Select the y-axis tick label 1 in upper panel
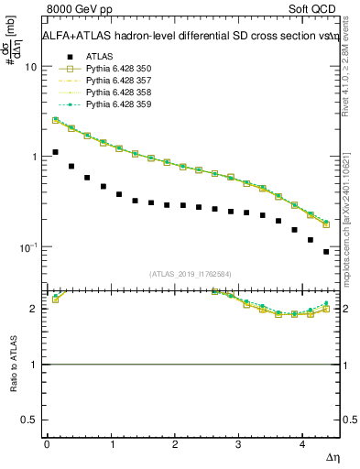coord(34,157)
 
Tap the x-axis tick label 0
coord(47,444)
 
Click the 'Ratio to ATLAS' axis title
coord(12,365)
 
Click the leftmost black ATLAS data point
coord(55,152)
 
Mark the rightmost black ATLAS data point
coord(326,251)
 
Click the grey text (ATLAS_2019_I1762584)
coord(191,274)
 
